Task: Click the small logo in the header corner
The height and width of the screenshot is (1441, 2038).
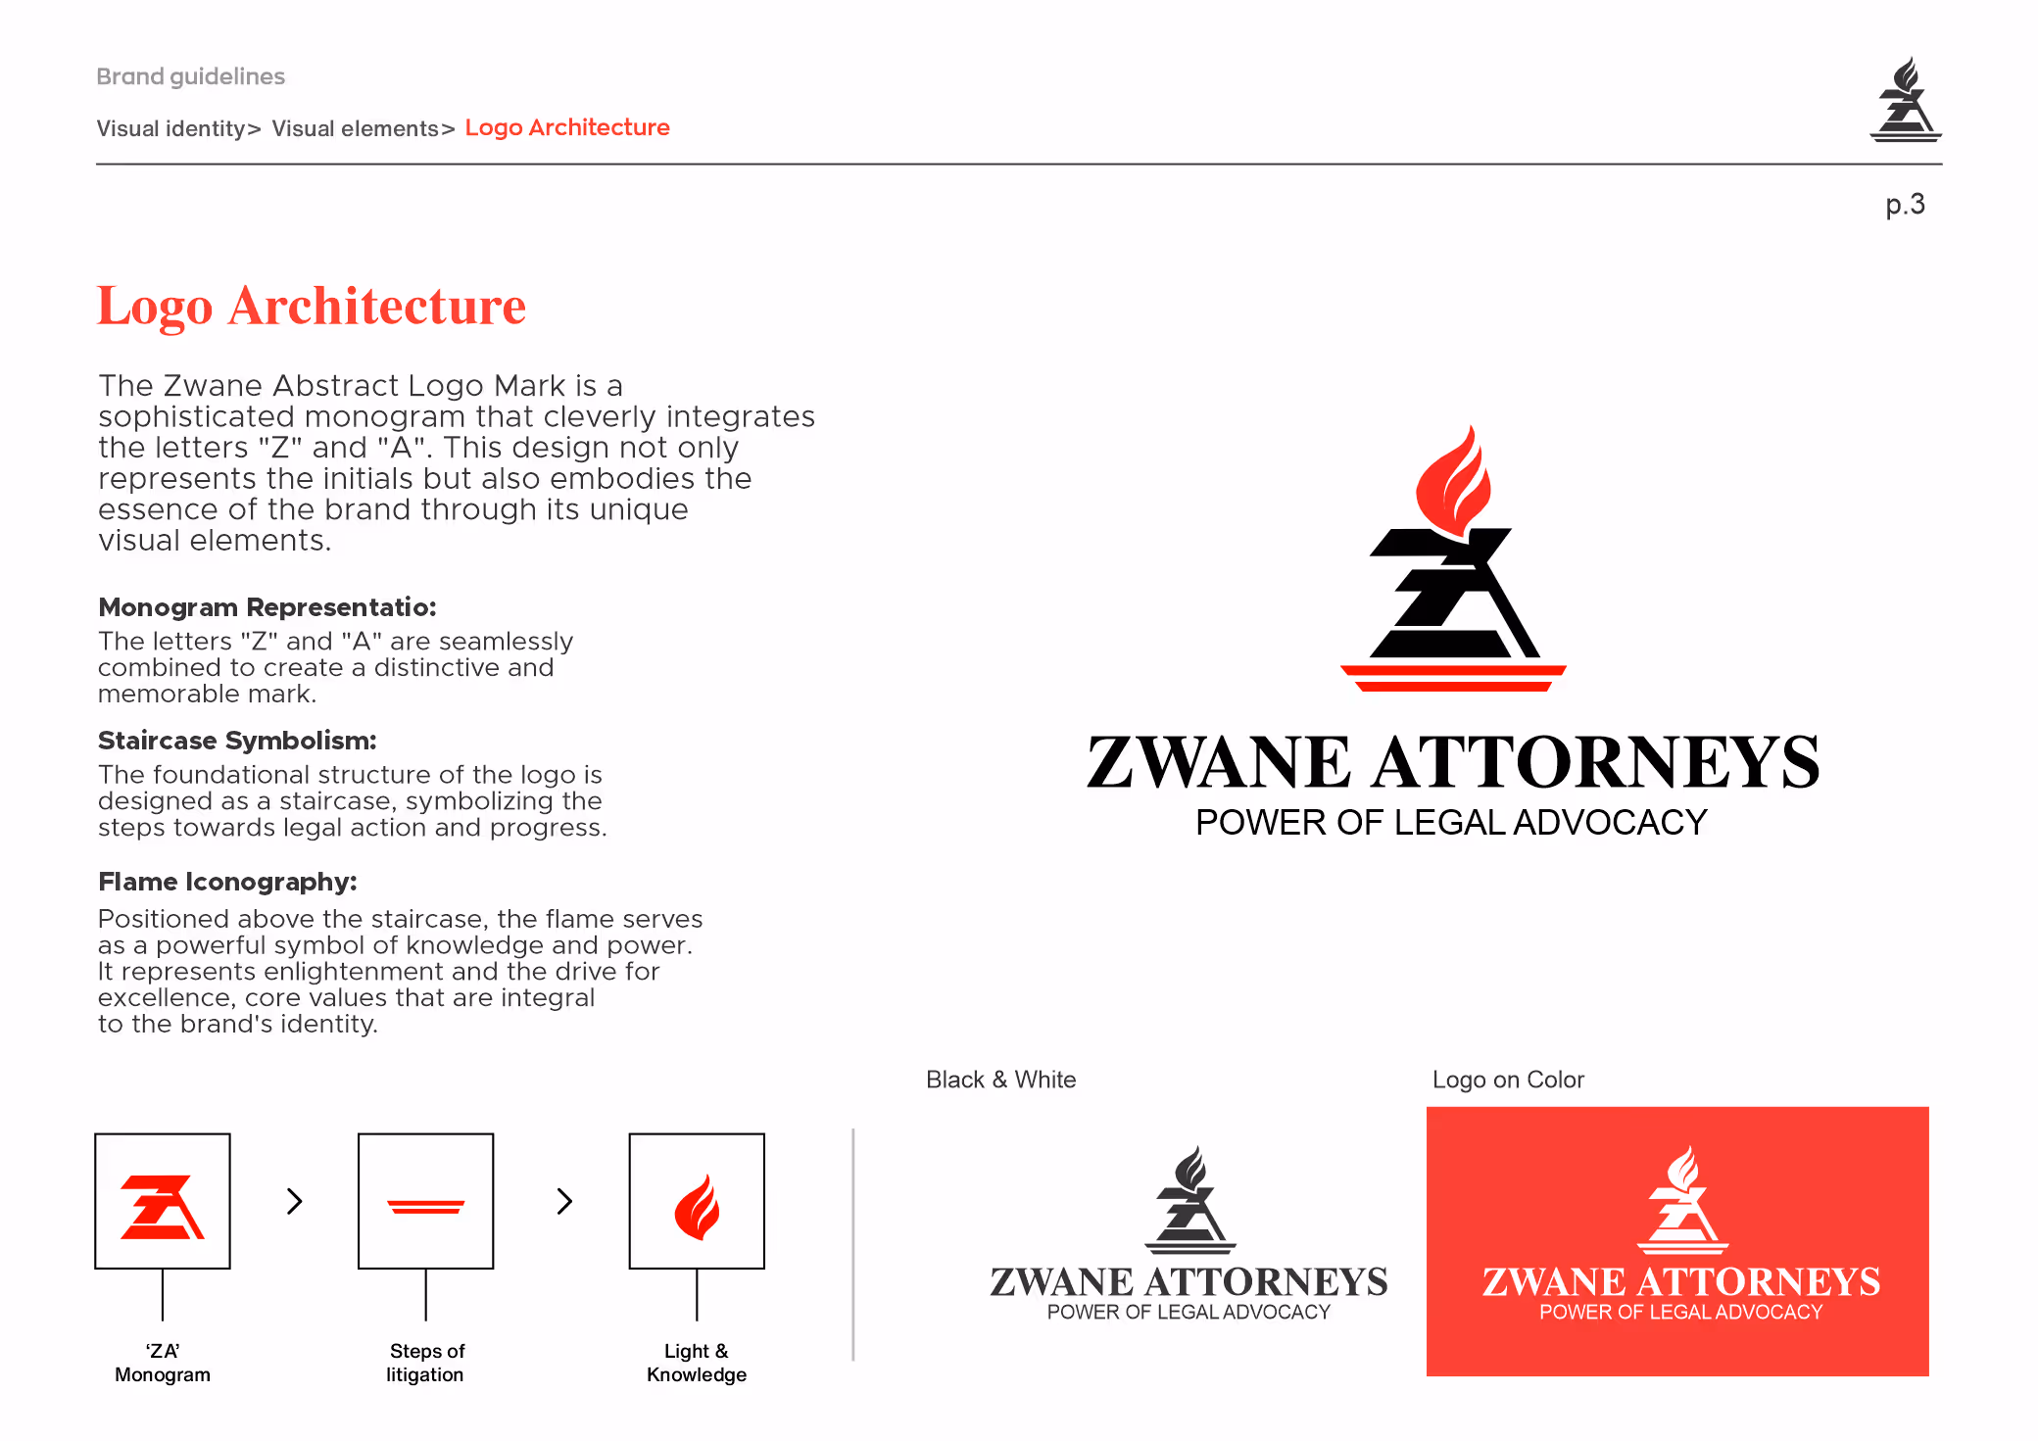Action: click(1905, 100)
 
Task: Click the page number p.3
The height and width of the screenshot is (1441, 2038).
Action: click(1905, 205)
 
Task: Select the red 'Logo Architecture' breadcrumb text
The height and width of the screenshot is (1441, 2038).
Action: click(567, 127)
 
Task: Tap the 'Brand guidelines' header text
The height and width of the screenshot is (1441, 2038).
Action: click(190, 76)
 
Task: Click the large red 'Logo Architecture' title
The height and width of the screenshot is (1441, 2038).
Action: click(312, 306)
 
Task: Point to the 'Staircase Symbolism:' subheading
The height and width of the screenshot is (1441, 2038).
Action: click(237, 741)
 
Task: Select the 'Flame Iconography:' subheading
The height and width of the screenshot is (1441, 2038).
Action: click(227, 882)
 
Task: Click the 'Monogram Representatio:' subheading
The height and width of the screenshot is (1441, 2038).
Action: click(267, 607)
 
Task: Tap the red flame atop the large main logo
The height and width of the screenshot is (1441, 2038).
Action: click(1454, 480)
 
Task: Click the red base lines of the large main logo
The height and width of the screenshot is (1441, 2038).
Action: click(1453, 678)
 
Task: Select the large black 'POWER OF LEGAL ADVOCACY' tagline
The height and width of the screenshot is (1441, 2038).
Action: click(1451, 823)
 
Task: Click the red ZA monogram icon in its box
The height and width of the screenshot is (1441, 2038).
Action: click(163, 1207)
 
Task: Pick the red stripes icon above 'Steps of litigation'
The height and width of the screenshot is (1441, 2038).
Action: click(426, 1207)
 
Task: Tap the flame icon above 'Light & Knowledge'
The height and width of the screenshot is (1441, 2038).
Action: click(697, 1207)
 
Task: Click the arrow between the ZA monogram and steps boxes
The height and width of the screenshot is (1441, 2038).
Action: click(294, 1201)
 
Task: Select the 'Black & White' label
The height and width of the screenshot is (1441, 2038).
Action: click(1000, 1080)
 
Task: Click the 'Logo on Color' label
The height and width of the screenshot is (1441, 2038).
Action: click(1508, 1080)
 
